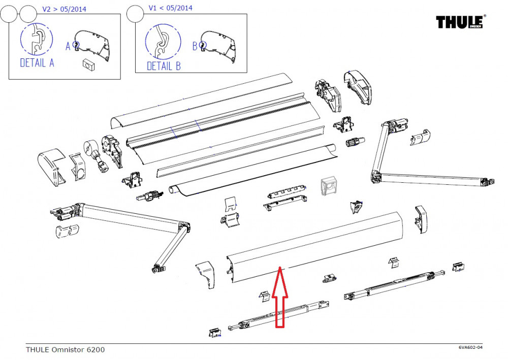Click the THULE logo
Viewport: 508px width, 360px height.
(461, 23)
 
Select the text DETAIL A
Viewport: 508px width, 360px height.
(37, 63)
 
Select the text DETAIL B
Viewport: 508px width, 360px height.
(164, 66)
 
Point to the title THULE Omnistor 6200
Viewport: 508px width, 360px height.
(66, 349)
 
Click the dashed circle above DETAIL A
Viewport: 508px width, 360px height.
(37, 40)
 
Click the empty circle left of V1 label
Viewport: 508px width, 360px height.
(135, 14)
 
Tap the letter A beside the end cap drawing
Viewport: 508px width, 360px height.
(68, 46)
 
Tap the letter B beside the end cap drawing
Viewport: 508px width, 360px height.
(195, 46)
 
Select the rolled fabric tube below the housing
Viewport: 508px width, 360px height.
(254, 171)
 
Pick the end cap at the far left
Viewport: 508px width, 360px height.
(50, 166)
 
